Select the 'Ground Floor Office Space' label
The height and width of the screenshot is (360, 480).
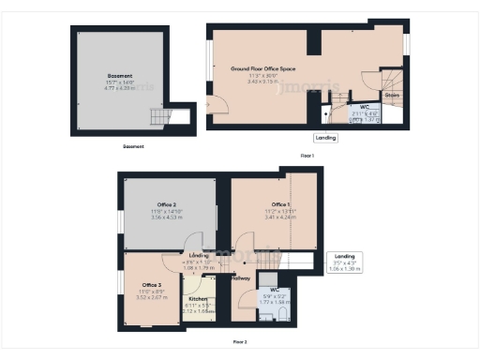click(263, 69)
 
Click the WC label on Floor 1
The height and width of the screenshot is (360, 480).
click(362, 108)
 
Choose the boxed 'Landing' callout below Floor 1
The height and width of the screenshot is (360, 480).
click(325, 137)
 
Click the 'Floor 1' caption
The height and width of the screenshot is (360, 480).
click(307, 155)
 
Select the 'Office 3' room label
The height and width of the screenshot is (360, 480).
click(152, 284)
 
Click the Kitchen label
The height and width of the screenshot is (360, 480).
click(198, 299)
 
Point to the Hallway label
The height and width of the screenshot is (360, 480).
click(240, 278)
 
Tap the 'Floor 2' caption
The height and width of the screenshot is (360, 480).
click(240, 342)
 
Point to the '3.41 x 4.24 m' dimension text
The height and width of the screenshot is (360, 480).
click(280, 217)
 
